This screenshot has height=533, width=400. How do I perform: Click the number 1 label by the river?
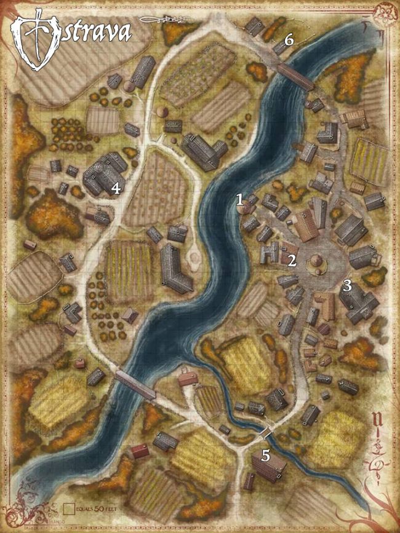click(241, 199)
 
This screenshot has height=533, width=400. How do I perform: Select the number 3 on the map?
click(347, 285)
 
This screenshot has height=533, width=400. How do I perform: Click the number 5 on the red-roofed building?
click(266, 456)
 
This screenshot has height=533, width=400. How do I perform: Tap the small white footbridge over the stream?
click(265, 433)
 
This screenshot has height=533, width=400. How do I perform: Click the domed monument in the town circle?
click(316, 261)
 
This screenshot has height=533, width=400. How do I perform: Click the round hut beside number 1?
click(246, 208)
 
